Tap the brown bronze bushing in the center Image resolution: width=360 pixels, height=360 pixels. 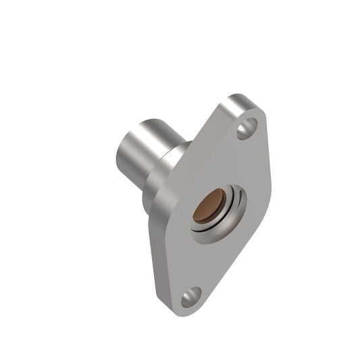[x=205, y=208]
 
